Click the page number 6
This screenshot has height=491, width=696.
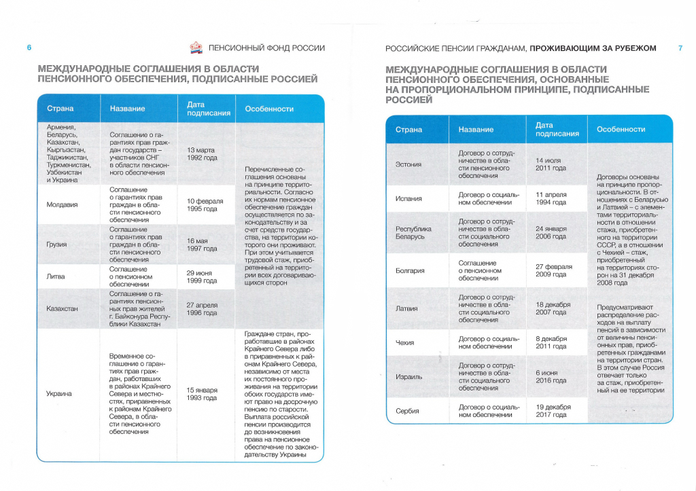click(29, 48)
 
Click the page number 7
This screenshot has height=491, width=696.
click(680, 48)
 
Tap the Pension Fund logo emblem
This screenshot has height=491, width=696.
click(196, 48)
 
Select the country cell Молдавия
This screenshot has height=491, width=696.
click(62, 204)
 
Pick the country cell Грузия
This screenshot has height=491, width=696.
click(56, 244)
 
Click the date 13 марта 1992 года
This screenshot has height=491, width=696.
click(202, 153)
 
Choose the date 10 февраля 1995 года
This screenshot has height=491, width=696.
click(202, 204)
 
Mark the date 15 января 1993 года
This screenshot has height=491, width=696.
click(202, 394)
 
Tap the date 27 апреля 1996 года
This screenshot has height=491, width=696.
click(202, 309)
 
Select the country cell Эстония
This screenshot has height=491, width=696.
click(408, 164)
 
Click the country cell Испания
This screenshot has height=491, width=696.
click(408, 198)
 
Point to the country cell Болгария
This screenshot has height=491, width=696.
click(410, 270)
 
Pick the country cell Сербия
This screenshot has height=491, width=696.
click(408, 411)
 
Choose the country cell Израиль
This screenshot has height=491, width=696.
click(409, 376)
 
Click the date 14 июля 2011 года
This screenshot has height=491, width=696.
click(551, 164)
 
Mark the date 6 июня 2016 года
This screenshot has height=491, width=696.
click(551, 376)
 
